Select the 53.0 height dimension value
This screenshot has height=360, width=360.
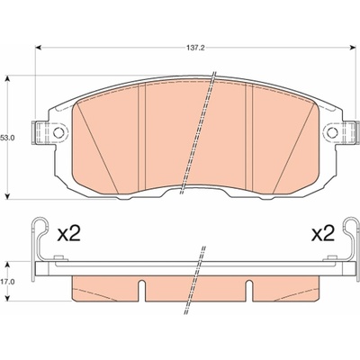pos(6,138)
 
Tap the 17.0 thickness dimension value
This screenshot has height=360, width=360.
pos(6,282)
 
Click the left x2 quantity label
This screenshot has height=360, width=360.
pos(69,234)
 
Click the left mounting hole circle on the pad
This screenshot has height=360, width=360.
pos(58,132)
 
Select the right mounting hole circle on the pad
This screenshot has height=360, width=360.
pos(332,132)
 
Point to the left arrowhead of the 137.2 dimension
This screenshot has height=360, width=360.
pos(38,48)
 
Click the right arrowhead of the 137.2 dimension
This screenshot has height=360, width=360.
pos(353,48)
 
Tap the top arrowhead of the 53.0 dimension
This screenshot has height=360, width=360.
pos(8,78)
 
